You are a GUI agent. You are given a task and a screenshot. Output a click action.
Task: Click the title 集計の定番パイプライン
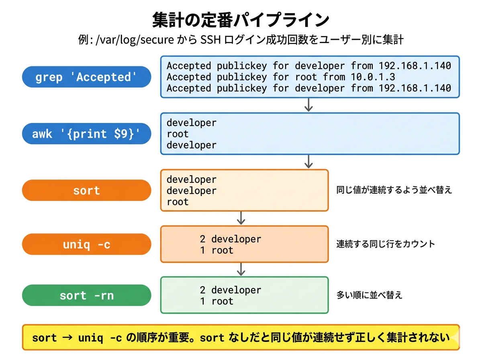241,19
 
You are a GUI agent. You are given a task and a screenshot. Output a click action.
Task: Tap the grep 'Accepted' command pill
86,77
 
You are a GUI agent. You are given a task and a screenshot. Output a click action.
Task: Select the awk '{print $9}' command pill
86,133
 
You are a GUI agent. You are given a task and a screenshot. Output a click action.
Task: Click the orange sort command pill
86,190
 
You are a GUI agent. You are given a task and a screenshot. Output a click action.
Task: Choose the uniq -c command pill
86,244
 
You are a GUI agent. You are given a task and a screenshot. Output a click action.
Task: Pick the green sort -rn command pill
86,295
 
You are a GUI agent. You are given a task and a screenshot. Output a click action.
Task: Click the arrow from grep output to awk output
308,105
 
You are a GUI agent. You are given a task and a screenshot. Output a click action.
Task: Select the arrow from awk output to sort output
308,162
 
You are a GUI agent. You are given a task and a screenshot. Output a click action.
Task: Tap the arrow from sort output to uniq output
241,218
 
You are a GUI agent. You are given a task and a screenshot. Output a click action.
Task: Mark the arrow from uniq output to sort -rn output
241,269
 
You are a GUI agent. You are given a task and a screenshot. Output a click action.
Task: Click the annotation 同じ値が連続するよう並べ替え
394,190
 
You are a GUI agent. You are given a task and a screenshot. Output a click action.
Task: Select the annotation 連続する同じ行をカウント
386,244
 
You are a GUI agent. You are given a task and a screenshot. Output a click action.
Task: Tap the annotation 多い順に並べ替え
369,295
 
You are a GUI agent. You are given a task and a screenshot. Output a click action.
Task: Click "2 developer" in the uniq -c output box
231,239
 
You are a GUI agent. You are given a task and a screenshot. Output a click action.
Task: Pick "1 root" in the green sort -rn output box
216,301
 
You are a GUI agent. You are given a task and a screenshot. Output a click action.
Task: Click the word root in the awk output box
178,134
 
